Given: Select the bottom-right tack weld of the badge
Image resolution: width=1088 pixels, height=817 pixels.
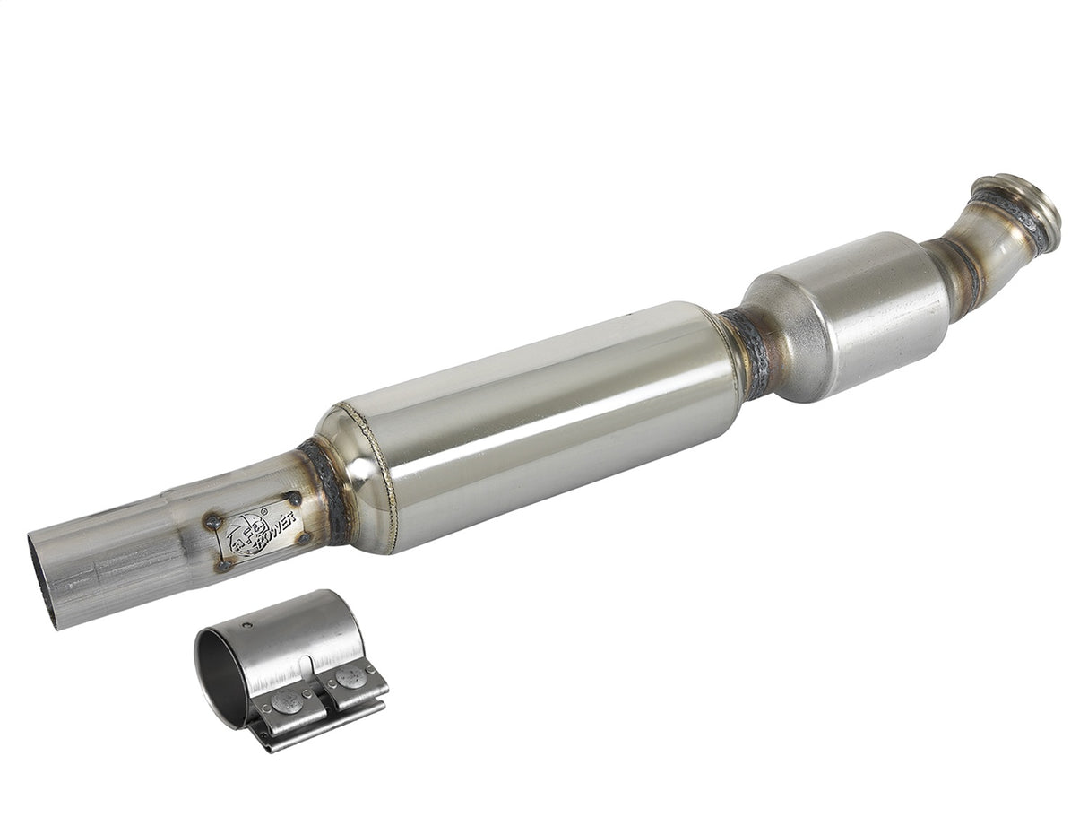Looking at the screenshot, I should (305, 538).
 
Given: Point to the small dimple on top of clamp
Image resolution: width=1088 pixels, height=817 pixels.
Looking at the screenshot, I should (249, 624).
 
